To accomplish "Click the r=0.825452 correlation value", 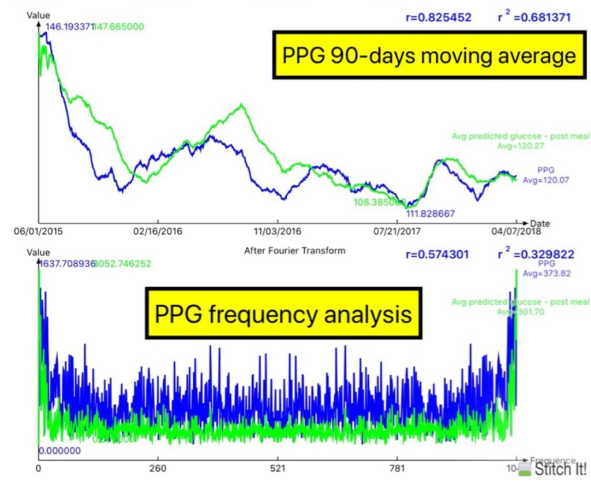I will tap(437, 17).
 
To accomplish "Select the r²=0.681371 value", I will tap(534, 17).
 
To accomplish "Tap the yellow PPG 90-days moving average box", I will tap(428, 56).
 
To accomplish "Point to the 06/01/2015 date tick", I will tap(38, 231).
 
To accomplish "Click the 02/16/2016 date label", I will tap(158, 231).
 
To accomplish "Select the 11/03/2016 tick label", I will tap(278, 231).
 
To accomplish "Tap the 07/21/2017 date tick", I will tap(398, 231).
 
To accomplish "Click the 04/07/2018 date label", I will tap(515, 232).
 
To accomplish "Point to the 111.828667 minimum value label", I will tap(431, 214).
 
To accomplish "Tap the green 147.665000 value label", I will tap(119, 27).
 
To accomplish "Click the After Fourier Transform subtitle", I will tap(294, 251).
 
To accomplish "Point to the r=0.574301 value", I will tap(437, 254).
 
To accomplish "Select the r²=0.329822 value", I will tap(535, 253).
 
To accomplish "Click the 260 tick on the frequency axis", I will tap(158, 468).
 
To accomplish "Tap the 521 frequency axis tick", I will tap(278, 468).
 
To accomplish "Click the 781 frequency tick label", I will tap(398, 468).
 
